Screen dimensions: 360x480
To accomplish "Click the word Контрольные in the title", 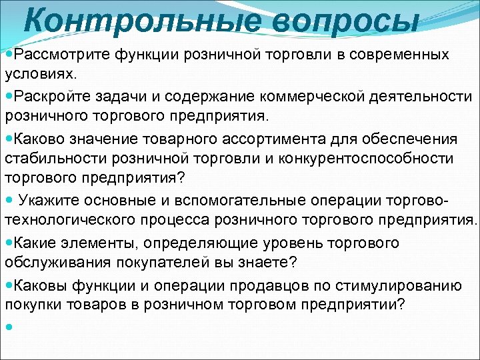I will click(133, 21).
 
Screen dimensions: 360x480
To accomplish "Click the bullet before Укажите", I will click(9, 201).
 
